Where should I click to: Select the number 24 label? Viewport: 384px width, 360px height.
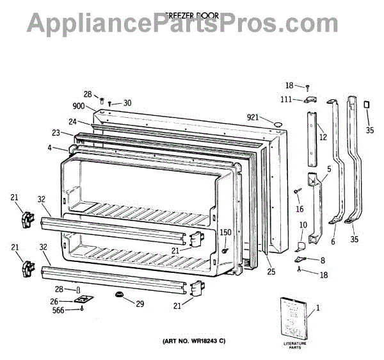[73, 122]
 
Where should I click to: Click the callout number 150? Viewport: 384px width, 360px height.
[225, 233]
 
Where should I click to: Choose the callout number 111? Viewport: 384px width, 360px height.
[287, 99]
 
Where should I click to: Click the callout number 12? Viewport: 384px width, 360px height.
[323, 136]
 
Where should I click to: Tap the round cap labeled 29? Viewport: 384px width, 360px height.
[120, 294]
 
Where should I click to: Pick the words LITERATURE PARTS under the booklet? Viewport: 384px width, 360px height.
[294, 347]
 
